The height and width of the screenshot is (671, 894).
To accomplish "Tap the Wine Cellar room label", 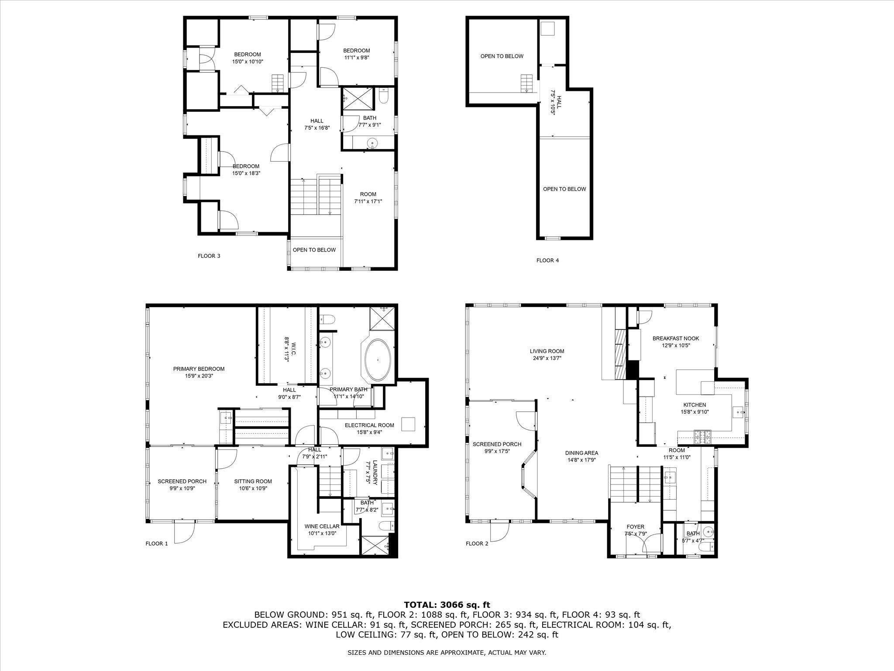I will point(322,526).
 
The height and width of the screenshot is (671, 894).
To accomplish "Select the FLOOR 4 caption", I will point(547,260).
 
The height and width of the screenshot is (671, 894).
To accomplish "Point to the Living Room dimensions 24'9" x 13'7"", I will point(547,358).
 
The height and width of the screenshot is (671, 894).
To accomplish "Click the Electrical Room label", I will point(369,425).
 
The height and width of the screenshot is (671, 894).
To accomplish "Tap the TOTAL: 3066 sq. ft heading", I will point(447,605).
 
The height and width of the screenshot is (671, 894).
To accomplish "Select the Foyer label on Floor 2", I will point(635,527).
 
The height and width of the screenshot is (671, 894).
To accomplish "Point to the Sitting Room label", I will point(253,481).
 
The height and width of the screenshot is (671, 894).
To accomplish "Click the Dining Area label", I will point(581,453).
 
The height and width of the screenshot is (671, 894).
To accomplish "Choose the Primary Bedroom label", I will point(199,369).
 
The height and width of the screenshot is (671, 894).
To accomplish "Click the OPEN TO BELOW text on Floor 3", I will point(314,250).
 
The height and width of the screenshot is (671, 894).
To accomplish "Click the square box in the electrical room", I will point(408,424).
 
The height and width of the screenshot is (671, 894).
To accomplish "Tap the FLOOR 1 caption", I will point(156,543).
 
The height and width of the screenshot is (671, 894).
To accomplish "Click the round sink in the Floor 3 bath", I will point(372,142).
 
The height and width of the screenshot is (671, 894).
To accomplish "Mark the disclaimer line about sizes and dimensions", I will point(447,653).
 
